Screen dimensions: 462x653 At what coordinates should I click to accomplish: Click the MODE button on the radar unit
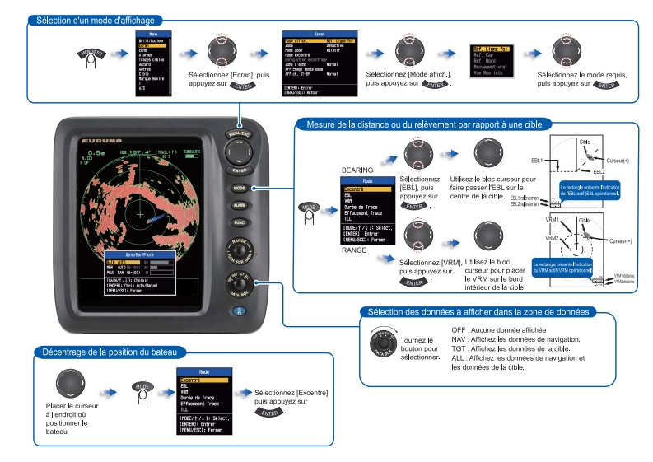click(x=240, y=187)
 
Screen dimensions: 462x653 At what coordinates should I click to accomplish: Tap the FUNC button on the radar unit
click(x=240, y=222)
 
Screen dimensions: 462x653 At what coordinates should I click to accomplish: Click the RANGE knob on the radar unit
click(x=240, y=250)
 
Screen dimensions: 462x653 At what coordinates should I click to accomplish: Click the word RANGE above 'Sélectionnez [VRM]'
click(x=355, y=249)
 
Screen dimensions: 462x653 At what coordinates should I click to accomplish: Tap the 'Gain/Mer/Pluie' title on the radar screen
click(x=140, y=256)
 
